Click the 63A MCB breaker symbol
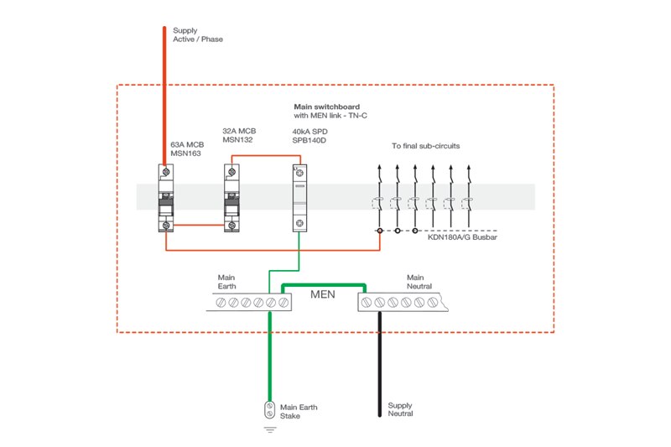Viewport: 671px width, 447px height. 167,198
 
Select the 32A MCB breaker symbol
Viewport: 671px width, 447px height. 232,198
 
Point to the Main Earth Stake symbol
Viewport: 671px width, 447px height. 269,410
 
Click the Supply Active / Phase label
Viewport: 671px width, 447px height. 198,34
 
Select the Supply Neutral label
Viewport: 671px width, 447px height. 399,409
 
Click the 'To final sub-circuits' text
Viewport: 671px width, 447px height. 425,146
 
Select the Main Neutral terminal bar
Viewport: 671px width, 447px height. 401,302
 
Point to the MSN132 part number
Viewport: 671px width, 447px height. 238,140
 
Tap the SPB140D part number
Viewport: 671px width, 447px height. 304,141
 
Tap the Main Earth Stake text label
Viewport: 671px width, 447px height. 299,411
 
